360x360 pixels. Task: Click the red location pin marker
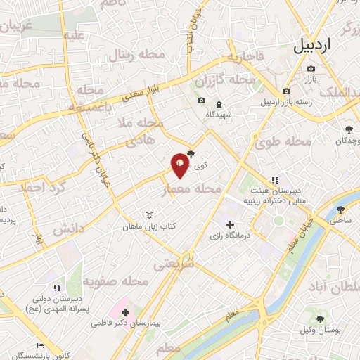coord(181,165)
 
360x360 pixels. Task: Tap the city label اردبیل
coord(311,47)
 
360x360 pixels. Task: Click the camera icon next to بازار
coord(311,69)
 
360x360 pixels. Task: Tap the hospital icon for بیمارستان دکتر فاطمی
coord(126,311)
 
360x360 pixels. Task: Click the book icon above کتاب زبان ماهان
coord(148,214)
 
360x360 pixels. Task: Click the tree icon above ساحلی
coord(341,210)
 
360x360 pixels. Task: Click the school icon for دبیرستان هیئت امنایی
coord(275,180)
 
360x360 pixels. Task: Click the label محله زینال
coord(134,56)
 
